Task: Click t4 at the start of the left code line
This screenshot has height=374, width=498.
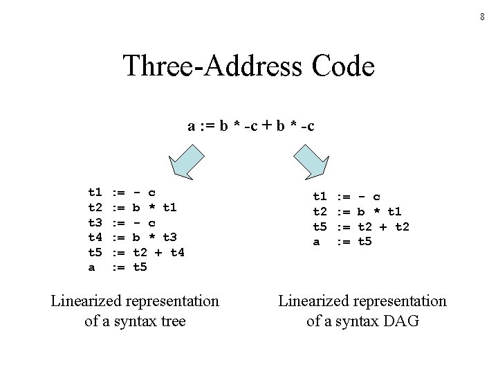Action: click(x=95, y=237)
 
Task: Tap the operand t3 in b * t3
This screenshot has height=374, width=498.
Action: click(x=170, y=237)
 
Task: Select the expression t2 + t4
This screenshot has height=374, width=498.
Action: click(x=159, y=252)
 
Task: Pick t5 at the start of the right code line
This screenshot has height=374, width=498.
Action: click(x=320, y=226)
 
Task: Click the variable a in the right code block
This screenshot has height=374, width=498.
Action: click(x=316, y=241)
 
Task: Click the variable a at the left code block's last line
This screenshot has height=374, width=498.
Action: click(x=91, y=267)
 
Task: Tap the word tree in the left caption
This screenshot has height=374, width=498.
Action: click(x=173, y=321)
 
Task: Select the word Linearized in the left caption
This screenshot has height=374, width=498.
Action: click(x=85, y=301)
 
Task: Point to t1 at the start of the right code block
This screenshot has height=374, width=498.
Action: click(x=320, y=196)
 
